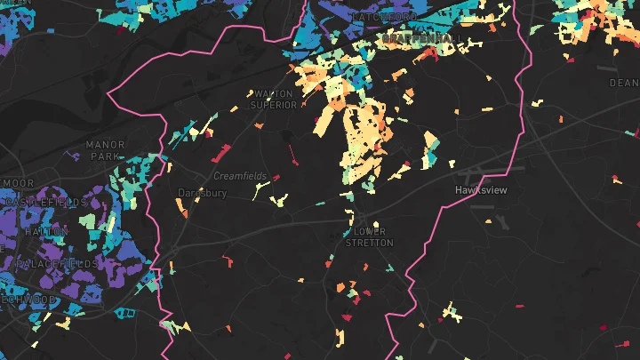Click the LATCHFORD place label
[x=384, y=17]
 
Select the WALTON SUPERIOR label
[x=273, y=99]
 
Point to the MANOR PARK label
[x=106, y=149]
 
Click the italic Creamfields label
[x=240, y=176]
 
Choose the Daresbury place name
[x=202, y=193]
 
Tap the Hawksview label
[x=479, y=190]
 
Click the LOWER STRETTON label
[x=369, y=237]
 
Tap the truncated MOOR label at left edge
[x=18, y=182]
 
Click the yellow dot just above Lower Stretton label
[x=376, y=224]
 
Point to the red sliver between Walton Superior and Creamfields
[x=292, y=156]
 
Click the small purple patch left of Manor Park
[x=76, y=156]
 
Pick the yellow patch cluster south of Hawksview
[x=454, y=312]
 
